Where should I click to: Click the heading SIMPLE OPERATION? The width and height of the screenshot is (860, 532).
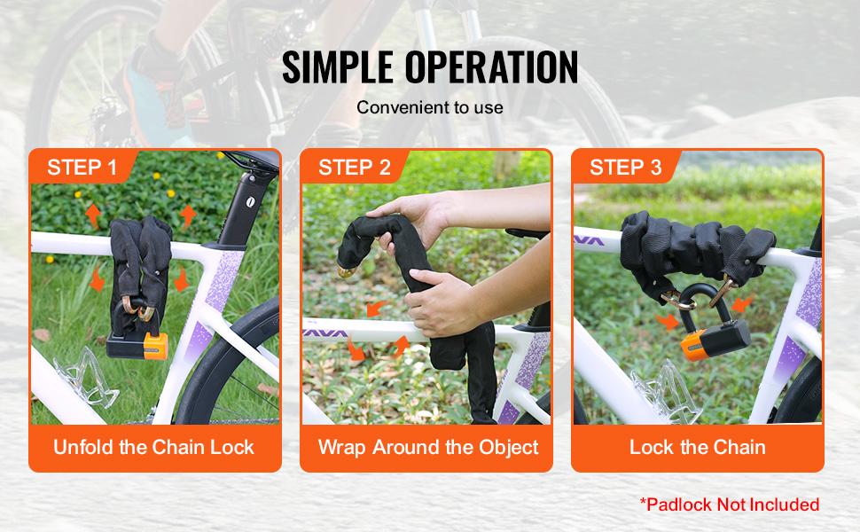coord(430,66)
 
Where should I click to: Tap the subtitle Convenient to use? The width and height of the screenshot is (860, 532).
coord(430,107)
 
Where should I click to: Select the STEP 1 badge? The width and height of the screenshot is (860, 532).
coord(82,167)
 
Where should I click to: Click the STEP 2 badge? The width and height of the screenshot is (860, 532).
coord(355,167)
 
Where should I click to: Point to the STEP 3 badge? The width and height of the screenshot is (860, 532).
coord(625,167)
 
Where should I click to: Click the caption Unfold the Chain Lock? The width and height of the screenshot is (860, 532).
coord(153,447)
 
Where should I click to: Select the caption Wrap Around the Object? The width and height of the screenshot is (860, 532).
coord(428,448)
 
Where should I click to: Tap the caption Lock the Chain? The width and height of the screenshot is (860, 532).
coord(697,447)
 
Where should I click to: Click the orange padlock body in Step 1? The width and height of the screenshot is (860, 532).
coord(156,347)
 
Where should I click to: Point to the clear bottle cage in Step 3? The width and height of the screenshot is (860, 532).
coord(665,392)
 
